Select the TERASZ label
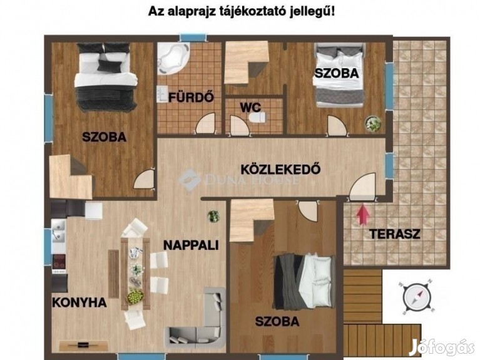(x=395, y=234)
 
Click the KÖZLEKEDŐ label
(x=280, y=169)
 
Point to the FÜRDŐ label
(x=191, y=98)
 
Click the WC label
(x=251, y=108)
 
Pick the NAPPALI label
(x=191, y=245)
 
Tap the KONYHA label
(x=79, y=302)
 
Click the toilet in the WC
(x=257, y=117)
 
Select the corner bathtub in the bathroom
(x=172, y=58)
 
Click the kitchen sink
(x=58, y=230)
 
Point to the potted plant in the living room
(x=213, y=216)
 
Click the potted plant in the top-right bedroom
(x=373, y=123)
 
